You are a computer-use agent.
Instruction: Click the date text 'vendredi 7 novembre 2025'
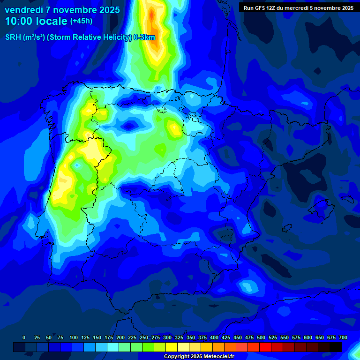pyautogui.click(x=62, y=10)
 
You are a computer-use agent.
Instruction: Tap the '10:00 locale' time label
pyautogui.click(x=36, y=21)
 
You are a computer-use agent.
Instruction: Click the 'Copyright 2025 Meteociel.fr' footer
pyautogui.click(x=199, y=357)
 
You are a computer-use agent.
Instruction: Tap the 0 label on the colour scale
pyautogui.click(x=24, y=337)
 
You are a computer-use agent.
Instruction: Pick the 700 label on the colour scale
pyautogui.click(x=343, y=337)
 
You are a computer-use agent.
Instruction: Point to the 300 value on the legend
pyautogui.click(x=167, y=337)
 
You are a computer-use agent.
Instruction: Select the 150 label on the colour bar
pyautogui.click(x=97, y=337)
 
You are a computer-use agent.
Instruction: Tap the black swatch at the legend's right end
pyautogui.click(x=336, y=347)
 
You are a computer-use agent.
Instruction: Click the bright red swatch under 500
pyautogui.click(x=254, y=347)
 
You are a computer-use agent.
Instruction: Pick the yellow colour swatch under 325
pyautogui.click(x=172, y=347)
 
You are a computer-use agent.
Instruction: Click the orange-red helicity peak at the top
pyautogui.click(x=151, y=16)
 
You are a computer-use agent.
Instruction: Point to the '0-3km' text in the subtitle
pyautogui.click(x=144, y=37)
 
